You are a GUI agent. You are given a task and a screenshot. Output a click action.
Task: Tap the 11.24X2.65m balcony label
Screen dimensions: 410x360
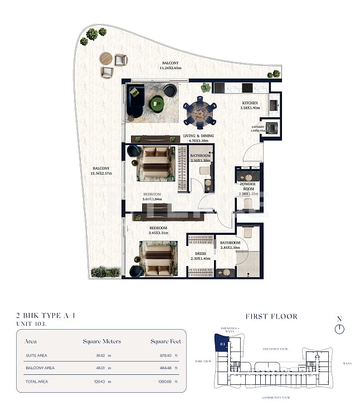[x=171, y=65]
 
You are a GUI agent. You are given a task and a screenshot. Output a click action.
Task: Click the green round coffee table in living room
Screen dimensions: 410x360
[x=157, y=103]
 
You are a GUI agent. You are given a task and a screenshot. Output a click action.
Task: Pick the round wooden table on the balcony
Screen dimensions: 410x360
[x=105, y=58]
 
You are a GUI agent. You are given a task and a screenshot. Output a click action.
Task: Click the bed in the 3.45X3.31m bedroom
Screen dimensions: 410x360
[x=158, y=258]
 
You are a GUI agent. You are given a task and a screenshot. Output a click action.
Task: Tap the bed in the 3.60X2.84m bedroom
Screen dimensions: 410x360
[x=156, y=163]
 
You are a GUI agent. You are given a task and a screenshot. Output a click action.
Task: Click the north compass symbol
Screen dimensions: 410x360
[x=339, y=329]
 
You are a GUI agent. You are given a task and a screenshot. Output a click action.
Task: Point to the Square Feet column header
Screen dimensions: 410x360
[x=165, y=341]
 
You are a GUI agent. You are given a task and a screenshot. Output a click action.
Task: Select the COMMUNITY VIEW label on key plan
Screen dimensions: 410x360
[x=276, y=397]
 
